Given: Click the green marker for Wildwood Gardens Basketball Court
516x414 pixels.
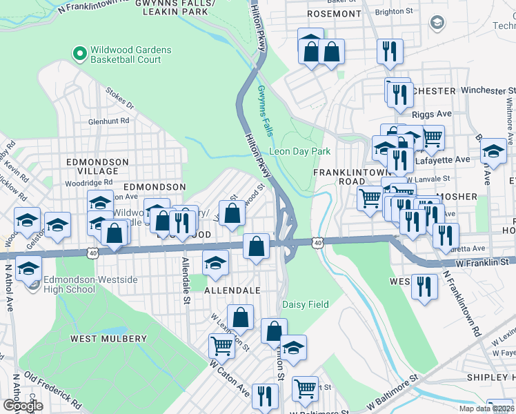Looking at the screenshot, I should click(x=79, y=52).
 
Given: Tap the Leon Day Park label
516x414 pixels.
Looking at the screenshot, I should click(x=299, y=151).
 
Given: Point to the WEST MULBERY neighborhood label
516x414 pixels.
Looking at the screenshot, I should click(x=108, y=339).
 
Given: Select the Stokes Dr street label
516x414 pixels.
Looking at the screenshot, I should click(x=119, y=98).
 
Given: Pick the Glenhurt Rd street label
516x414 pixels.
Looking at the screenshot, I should click(x=108, y=121).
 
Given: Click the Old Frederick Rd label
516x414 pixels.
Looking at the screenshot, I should click(x=54, y=390).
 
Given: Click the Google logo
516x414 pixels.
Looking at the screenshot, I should click(x=23, y=406).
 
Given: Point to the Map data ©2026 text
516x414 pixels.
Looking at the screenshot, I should click(x=486, y=408).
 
